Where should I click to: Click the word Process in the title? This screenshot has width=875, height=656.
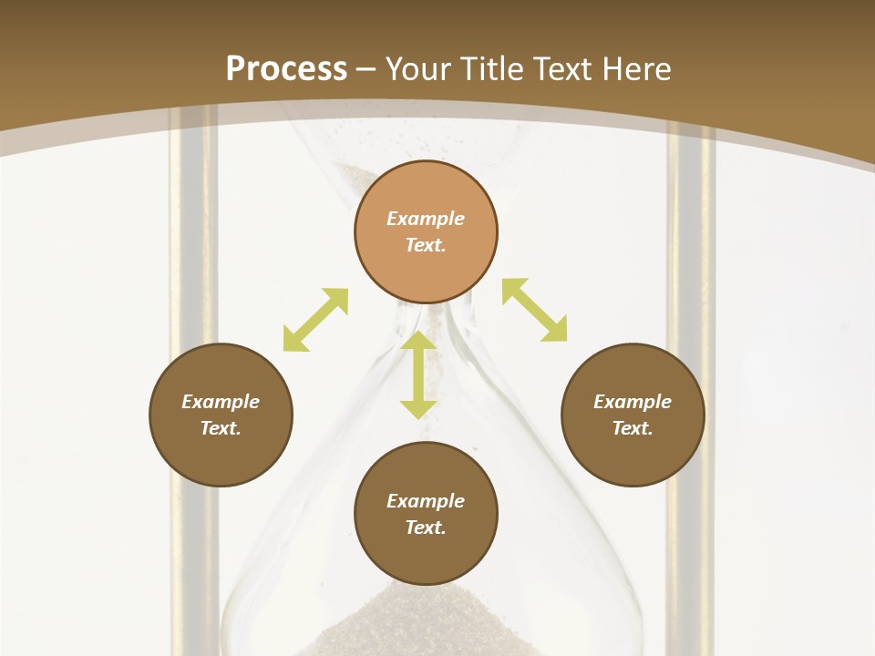point(286,69)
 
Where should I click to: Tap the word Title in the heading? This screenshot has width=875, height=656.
point(490,69)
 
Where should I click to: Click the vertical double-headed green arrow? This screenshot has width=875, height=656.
point(418,374)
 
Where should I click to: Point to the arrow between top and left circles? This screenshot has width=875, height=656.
point(315,320)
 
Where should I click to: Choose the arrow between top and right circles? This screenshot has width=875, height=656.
point(535,310)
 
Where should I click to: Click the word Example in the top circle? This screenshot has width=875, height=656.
point(426,219)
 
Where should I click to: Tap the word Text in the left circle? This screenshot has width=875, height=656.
point(221,428)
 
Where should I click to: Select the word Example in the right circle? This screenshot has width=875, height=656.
point(633,402)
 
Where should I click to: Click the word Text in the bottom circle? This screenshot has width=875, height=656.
point(426,528)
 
